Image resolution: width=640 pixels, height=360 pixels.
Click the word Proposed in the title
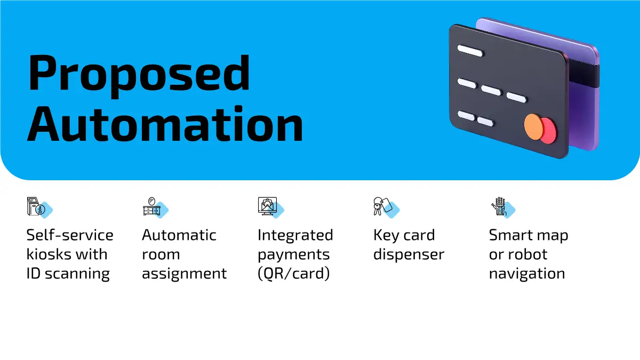pos(139,74)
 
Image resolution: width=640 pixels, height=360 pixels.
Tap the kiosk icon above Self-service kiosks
pos(35,206)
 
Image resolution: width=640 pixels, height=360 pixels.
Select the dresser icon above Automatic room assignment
pos(150,206)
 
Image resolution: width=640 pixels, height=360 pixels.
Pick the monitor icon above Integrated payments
pos(266,206)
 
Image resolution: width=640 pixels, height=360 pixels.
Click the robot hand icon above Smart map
pos(498,206)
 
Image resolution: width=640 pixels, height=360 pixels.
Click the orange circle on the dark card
pos(534,126)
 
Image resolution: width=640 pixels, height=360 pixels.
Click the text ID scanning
pos(68,274)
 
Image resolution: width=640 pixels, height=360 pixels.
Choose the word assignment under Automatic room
pos(184,274)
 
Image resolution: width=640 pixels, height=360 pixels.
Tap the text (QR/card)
pos(293,274)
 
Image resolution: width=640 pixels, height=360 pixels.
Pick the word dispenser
pos(409,254)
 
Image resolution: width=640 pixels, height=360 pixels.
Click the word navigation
pos(527,274)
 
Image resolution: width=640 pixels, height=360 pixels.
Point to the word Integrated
pos(295,235)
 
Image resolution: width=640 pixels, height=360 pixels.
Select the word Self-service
pos(70,235)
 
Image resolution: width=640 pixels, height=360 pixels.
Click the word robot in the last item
pos(526,254)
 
